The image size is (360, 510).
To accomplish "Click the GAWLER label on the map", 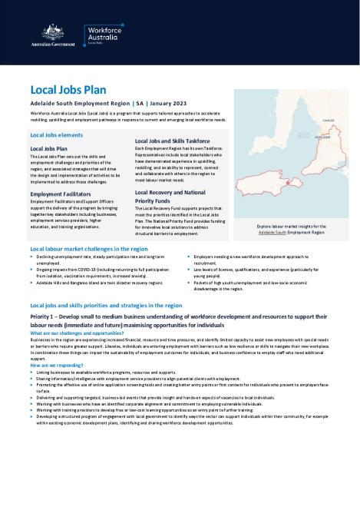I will click(x=328, y=120).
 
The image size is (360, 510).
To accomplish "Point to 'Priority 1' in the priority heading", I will click(x=45, y=316).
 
